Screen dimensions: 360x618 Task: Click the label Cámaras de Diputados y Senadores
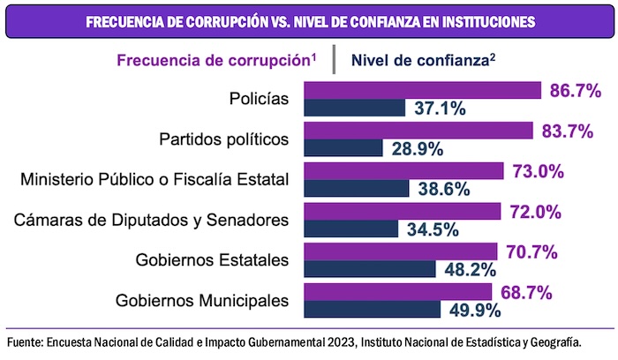152,220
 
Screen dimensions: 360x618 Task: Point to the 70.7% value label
530,252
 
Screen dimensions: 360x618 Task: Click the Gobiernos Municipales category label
203,300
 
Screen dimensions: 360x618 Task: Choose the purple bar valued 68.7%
397,292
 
